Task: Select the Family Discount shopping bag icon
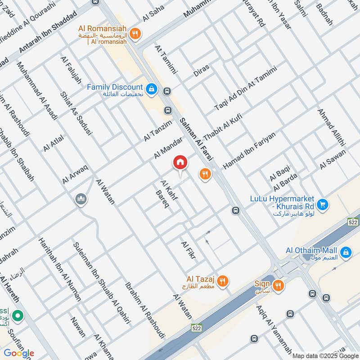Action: click(152, 88)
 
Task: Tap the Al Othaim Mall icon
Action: click(346, 252)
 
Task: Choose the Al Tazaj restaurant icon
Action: click(222, 282)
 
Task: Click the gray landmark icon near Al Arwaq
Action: click(81, 198)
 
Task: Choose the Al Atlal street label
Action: click(54, 143)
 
